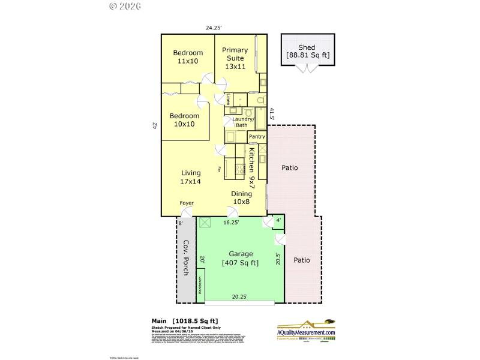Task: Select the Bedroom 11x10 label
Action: point(188,57)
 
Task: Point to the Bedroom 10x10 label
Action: point(184,120)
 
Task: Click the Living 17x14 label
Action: point(191,177)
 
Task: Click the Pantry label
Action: point(257,137)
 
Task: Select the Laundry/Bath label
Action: point(244,122)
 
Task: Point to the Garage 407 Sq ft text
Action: point(240,258)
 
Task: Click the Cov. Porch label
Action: point(186,258)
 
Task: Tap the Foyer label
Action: point(187,203)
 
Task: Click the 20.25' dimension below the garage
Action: point(241,296)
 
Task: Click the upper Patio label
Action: point(290,168)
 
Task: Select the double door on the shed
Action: point(308,68)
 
